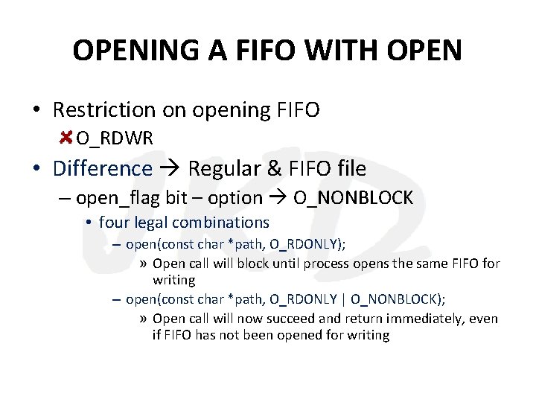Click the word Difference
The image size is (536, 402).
pyautogui.click(x=103, y=168)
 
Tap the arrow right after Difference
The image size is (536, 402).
pyautogui.click(x=170, y=169)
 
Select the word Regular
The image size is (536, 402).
pyautogui.click(x=224, y=169)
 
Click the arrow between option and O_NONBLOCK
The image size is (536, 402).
pyautogui.click(x=278, y=199)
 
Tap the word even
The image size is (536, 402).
pyautogui.click(x=484, y=319)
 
